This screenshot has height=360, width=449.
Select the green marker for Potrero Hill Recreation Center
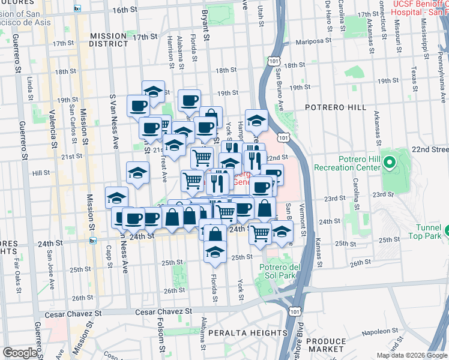pos(388,162)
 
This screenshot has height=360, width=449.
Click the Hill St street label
pos(41,173)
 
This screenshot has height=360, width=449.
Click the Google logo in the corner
pos(20,353)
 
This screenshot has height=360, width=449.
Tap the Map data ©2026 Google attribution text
pos(411,355)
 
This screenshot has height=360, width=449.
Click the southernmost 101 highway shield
pos(294,312)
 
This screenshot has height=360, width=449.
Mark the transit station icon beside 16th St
pos(77,8)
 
